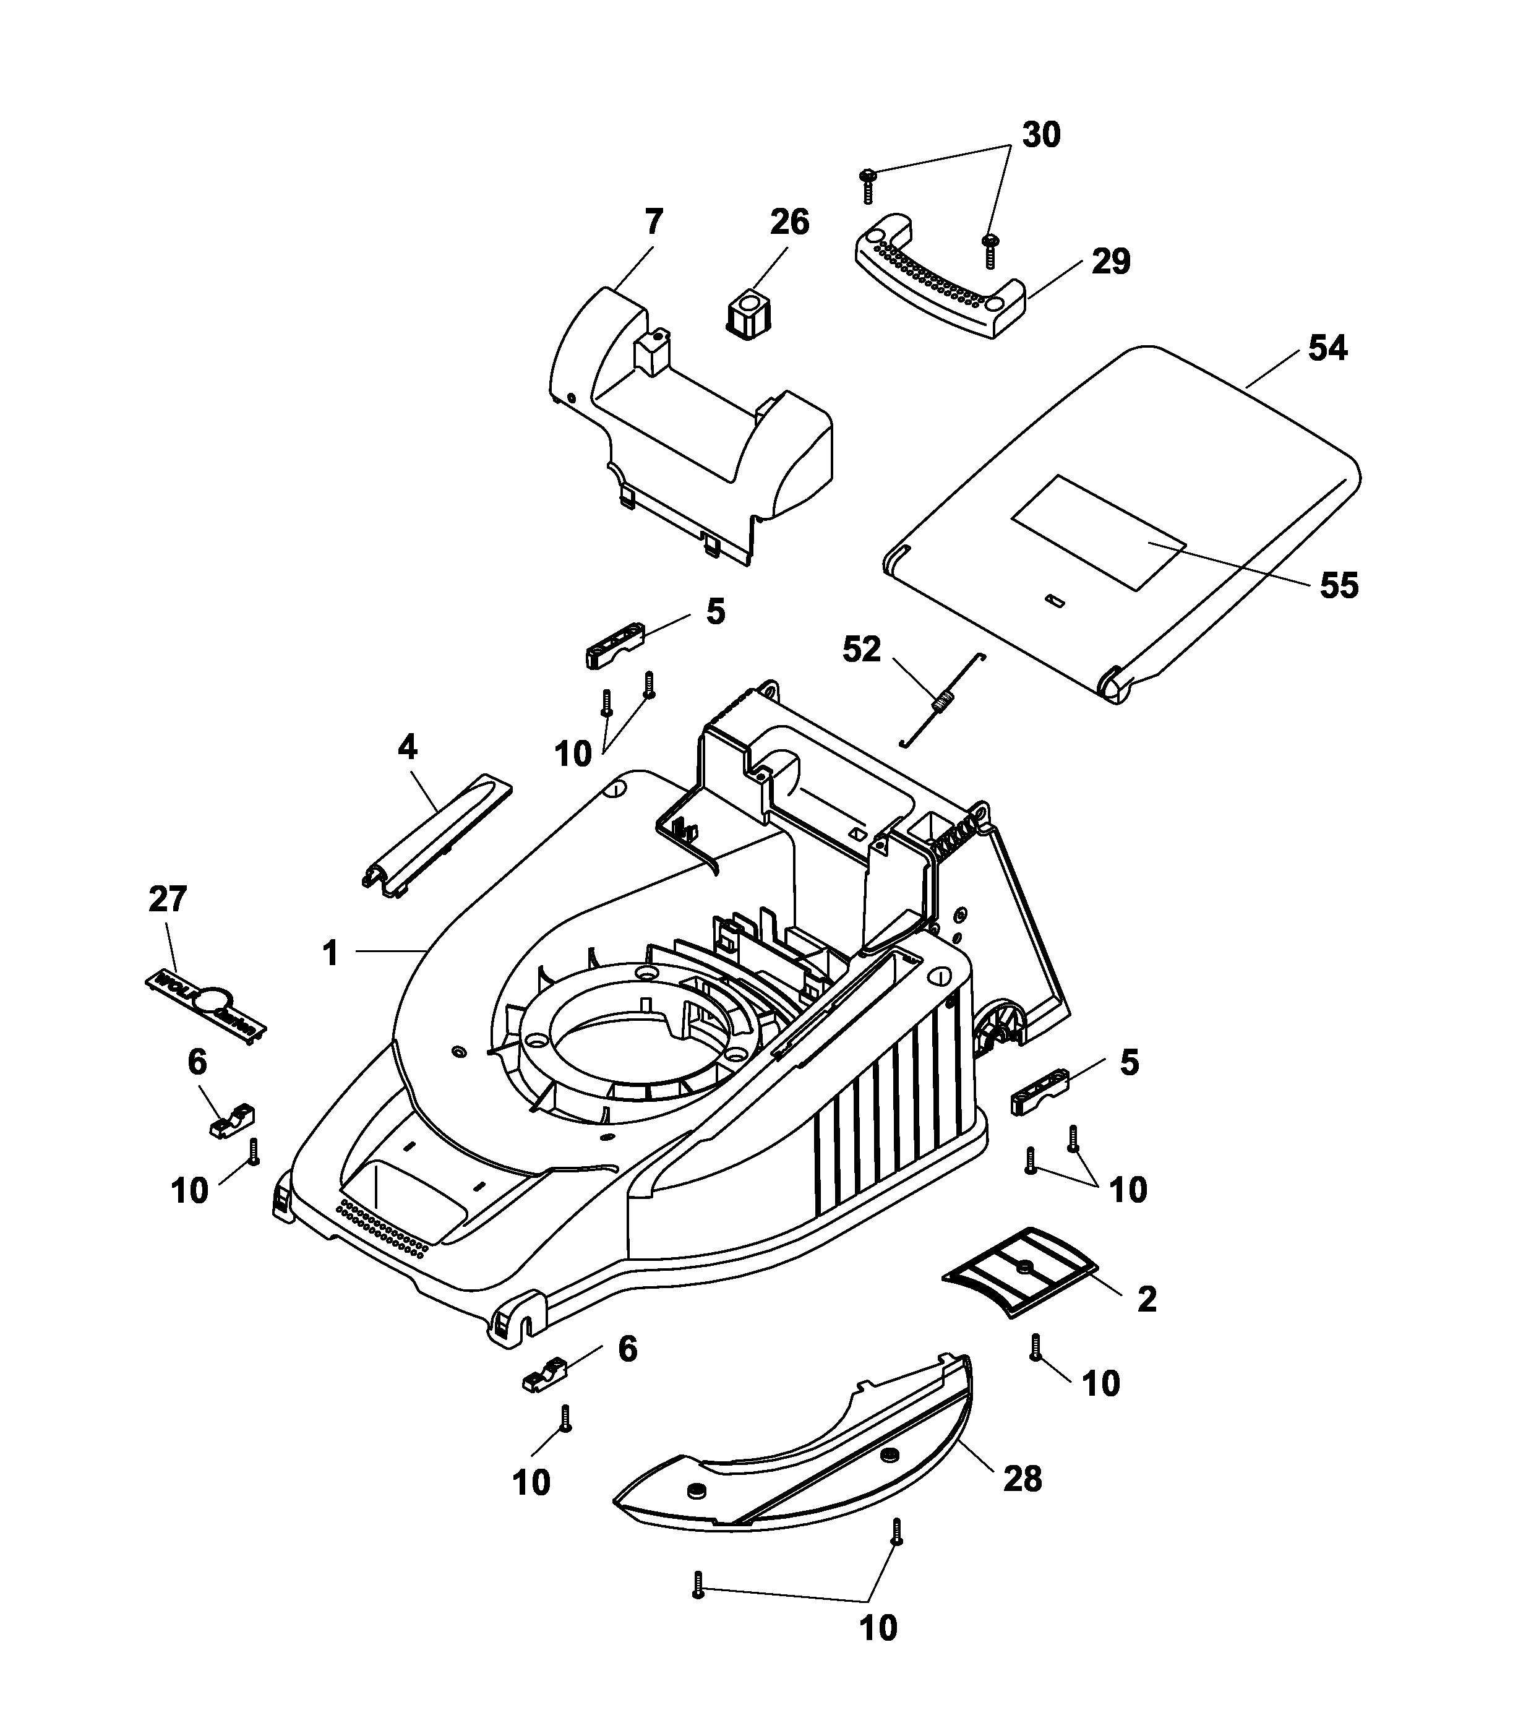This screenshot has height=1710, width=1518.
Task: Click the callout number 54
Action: coord(1327,348)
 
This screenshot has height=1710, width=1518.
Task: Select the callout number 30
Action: coord(1041,135)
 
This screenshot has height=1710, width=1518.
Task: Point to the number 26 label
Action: coord(789,223)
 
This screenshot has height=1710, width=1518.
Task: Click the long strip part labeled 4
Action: coord(437,839)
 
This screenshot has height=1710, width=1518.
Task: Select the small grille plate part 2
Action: coord(1019,1271)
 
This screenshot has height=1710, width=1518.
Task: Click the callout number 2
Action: coord(1147,1299)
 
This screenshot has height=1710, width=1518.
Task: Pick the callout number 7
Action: coord(654,223)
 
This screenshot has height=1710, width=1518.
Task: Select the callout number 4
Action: coord(406,747)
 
